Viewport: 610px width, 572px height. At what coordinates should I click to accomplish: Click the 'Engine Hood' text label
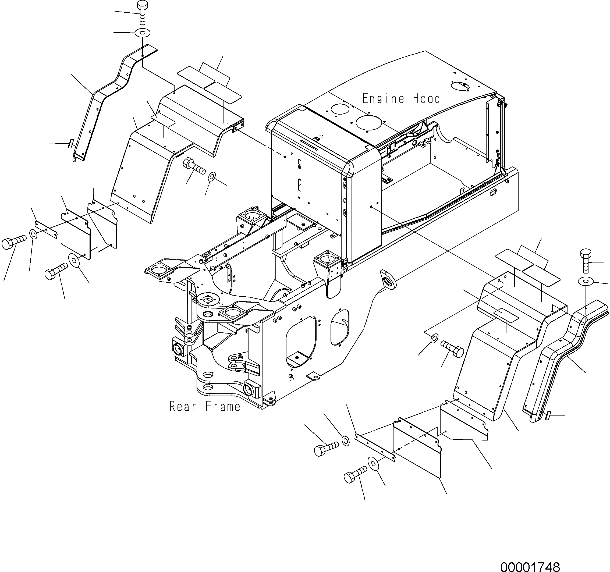(x=401, y=98)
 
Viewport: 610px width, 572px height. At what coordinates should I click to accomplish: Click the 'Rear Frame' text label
(x=205, y=407)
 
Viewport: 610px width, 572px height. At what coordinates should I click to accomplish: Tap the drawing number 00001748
(x=530, y=565)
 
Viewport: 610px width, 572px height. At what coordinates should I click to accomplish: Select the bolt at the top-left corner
(x=142, y=12)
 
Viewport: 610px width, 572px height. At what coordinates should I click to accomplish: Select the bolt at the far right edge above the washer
(x=586, y=261)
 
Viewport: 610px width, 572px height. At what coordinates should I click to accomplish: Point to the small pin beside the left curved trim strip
(x=70, y=143)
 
